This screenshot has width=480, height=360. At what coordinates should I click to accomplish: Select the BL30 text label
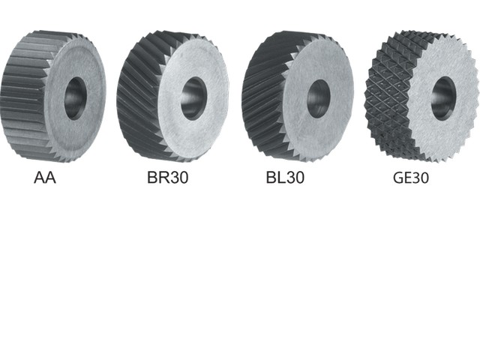point(286,178)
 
